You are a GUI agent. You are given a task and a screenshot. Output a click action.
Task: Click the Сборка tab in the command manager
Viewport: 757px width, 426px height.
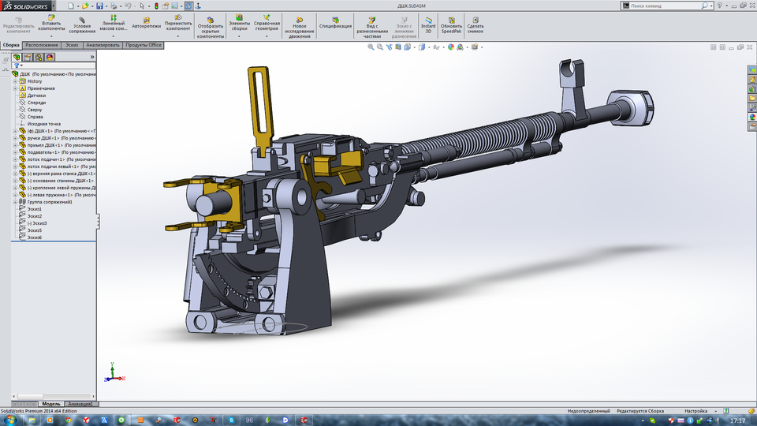point(11,45)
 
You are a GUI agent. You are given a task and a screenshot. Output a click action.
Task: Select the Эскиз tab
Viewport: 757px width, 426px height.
point(72,45)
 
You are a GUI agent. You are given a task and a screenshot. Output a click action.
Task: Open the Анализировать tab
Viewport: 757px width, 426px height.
point(103,45)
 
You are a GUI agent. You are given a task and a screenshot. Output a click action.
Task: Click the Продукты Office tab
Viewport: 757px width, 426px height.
point(144,45)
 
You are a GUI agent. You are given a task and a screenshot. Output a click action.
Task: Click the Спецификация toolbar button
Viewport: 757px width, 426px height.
point(335,21)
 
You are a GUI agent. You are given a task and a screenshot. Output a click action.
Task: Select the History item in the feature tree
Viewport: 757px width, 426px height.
point(35,81)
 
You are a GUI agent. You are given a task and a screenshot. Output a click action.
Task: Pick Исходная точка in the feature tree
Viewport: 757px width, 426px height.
point(43,124)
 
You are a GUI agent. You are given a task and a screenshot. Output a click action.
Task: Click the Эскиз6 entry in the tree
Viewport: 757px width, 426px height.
point(34,237)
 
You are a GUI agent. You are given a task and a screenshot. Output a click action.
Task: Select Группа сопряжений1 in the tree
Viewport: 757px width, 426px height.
point(49,202)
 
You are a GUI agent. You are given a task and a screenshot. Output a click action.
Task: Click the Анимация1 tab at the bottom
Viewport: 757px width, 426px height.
point(80,404)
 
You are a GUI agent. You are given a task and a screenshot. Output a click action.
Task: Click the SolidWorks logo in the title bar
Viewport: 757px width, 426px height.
point(30,6)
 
